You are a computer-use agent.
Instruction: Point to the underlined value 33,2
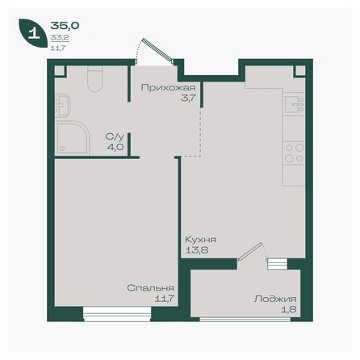click(59, 37)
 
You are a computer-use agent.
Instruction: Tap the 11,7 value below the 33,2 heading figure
click(58, 48)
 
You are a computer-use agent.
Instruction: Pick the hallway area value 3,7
click(165, 97)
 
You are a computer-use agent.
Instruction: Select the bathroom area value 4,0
click(115, 148)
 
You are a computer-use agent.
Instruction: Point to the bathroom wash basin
click(62, 103)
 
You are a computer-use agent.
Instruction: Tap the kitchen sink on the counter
click(293, 104)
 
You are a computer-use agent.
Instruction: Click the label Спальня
click(149, 287)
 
